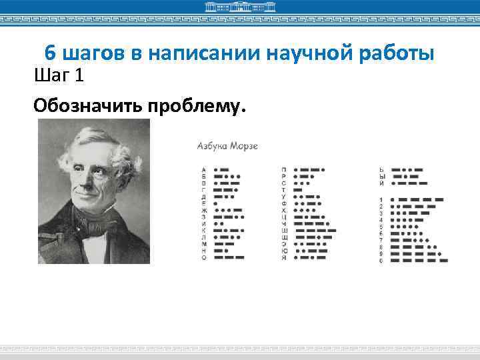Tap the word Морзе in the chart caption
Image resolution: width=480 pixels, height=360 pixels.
coord(244,145)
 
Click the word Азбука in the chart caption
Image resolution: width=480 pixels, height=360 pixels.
coord(211,145)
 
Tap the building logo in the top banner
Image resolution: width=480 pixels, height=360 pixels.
coord(239,7)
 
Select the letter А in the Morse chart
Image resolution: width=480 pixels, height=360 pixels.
coord(204,169)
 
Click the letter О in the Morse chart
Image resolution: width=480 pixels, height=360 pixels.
coord(204,257)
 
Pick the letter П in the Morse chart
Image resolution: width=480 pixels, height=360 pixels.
coord(284,169)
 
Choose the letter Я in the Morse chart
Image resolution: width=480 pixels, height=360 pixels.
coord(284,257)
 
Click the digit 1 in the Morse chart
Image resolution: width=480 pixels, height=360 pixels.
coord(381,199)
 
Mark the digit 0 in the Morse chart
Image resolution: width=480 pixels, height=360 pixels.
coord(381,260)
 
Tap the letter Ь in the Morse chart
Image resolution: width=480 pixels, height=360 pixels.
coord(381,169)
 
